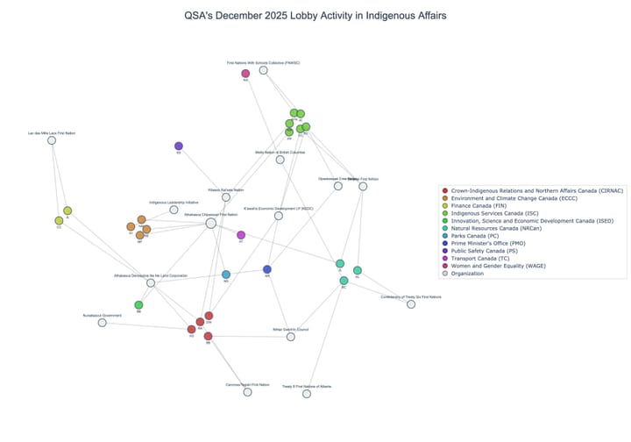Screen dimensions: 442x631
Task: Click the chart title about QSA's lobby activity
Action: click(315, 16)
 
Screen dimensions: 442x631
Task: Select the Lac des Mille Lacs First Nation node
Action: click(52, 140)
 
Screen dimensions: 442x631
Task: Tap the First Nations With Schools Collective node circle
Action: click(263, 70)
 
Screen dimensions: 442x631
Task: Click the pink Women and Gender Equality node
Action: click(246, 74)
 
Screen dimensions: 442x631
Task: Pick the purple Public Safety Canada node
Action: click(179, 146)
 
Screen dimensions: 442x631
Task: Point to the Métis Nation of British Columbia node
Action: click(280, 160)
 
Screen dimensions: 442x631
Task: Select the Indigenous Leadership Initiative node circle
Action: click(174, 210)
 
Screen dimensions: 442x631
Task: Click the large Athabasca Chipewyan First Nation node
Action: click(211, 224)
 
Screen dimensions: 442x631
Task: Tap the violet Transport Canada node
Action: click(241, 235)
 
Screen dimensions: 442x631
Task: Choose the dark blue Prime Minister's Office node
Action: click(267, 269)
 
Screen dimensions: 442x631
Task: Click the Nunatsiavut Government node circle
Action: click(103, 323)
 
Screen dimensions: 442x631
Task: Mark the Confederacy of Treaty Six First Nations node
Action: click(411, 304)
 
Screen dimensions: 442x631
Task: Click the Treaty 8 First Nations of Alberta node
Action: click(307, 394)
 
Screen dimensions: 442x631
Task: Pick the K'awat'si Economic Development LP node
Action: click(279, 216)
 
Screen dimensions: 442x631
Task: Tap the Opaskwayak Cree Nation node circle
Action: click(338, 186)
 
